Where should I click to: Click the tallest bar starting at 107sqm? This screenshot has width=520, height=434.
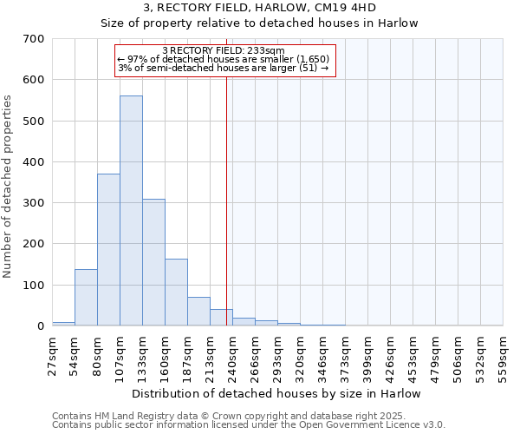[x=131, y=211]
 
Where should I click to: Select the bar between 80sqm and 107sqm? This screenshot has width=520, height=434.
[x=108, y=250]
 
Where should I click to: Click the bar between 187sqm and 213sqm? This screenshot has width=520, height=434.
[x=198, y=312]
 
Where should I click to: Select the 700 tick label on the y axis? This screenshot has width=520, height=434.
[x=34, y=39]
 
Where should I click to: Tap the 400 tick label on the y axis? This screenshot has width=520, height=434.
[x=34, y=162]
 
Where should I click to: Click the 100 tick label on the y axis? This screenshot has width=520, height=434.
[x=34, y=286]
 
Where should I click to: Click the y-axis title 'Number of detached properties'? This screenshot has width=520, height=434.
[x=8, y=187]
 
